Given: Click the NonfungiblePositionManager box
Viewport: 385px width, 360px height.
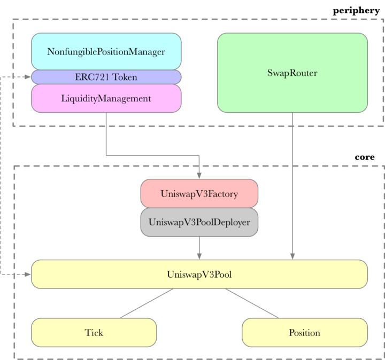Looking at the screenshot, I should click(106, 52).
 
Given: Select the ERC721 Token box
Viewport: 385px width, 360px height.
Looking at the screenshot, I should click(106, 77).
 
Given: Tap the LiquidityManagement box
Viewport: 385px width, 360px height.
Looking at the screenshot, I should click(106, 98).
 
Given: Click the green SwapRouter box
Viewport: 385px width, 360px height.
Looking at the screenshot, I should click(292, 73).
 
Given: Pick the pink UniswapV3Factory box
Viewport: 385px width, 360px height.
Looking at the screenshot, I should click(199, 193).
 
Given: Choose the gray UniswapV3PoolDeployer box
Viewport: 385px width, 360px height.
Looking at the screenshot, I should click(199, 222).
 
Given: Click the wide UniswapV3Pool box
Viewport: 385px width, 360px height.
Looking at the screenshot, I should click(199, 275).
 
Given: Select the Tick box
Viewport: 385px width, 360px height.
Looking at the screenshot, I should click(94, 332).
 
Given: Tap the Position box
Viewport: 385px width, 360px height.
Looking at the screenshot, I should click(304, 332).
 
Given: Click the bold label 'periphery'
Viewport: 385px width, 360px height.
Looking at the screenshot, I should click(356, 10).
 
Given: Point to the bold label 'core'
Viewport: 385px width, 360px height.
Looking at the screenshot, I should click(365, 157).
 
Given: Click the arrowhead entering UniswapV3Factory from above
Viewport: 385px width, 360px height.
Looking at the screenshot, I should click(199, 176).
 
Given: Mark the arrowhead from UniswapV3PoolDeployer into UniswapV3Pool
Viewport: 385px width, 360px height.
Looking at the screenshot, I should click(199, 256).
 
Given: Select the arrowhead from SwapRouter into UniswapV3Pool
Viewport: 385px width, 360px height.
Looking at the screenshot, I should click(292, 256).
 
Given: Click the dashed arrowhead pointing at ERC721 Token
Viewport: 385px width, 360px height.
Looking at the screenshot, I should click(28, 77).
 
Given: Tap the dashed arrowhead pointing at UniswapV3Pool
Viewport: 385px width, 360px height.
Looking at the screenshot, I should click(28, 275).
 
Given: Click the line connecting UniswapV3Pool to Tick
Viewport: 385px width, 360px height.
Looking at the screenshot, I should click(147, 303).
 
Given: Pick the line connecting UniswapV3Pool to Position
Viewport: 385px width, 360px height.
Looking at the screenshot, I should click(251, 303).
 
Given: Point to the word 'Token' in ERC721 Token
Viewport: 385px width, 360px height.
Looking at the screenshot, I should click(125, 77).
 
